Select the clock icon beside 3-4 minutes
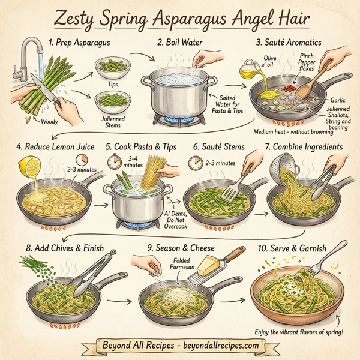pyautogui.click(x=114, y=161)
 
